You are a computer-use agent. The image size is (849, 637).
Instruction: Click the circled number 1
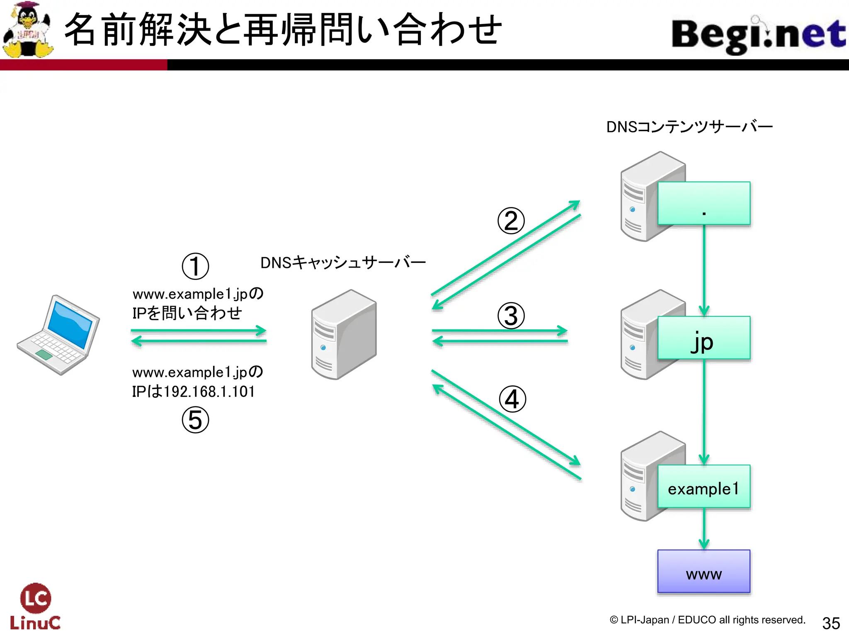click(195, 266)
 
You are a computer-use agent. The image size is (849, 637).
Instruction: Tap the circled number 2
click(511, 221)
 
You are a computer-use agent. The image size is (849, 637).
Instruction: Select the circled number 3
click(511, 316)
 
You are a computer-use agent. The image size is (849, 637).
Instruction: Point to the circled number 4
click(512, 399)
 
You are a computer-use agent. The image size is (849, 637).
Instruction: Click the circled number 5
click(195, 420)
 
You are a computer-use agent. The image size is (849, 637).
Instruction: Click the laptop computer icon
click(59, 335)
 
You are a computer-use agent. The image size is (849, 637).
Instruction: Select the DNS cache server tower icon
click(344, 334)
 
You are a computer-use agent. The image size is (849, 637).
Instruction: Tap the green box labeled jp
click(703, 338)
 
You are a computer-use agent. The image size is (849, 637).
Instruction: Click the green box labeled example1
click(703, 487)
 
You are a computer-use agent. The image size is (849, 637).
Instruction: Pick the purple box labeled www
click(703, 571)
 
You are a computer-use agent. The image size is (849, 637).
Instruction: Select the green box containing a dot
click(703, 203)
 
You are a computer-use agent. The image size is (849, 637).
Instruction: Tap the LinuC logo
click(35, 606)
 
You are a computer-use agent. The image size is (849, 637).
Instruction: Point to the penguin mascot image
click(28, 30)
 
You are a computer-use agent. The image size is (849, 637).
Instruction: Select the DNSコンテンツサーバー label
click(689, 127)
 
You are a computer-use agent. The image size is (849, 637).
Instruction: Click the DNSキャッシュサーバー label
click(343, 263)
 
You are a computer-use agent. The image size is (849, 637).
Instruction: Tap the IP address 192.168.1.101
click(209, 391)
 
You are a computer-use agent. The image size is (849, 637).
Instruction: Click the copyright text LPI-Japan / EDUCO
click(707, 620)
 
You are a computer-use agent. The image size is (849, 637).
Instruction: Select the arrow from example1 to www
click(703, 529)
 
